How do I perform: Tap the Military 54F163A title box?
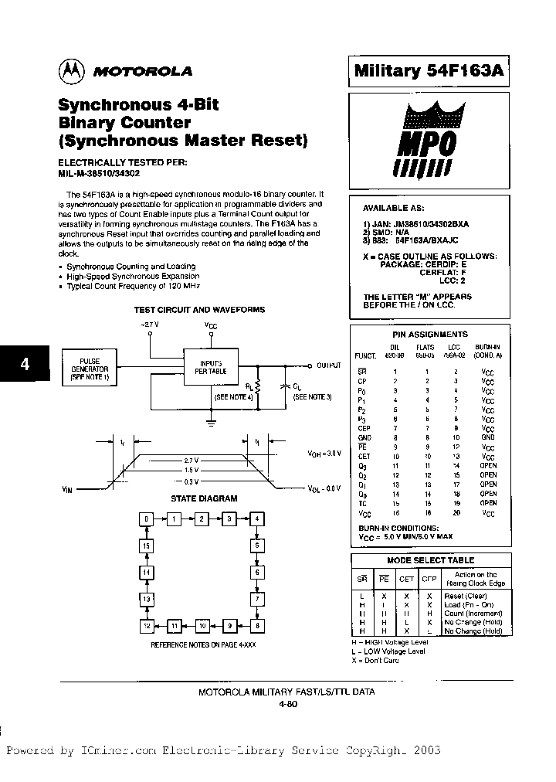coord(429,71)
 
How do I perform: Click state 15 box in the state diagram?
coord(145,546)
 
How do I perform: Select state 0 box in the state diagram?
coord(145,518)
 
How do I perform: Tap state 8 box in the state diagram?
coord(256,625)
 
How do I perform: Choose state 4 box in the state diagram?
coord(256,518)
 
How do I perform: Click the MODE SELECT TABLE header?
coord(430,560)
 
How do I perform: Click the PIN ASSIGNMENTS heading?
coord(430,335)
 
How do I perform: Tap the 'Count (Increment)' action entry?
coord(471,614)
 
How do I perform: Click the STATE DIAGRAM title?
coord(204,499)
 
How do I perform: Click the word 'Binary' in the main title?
coord(91,123)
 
